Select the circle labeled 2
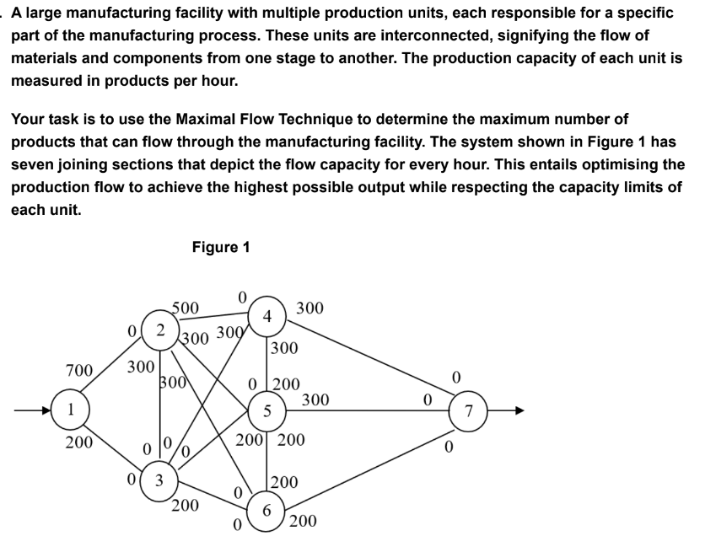click(x=159, y=330)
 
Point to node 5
click(x=266, y=412)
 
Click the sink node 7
click(x=471, y=411)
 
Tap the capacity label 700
click(x=79, y=369)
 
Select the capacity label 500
click(x=185, y=308)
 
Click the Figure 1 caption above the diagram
click(x=221, y=247)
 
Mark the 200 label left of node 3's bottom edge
click(x=184, y=506)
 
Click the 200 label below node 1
click(x=79, y=442)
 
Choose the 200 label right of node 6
click(x=302, y=521)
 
